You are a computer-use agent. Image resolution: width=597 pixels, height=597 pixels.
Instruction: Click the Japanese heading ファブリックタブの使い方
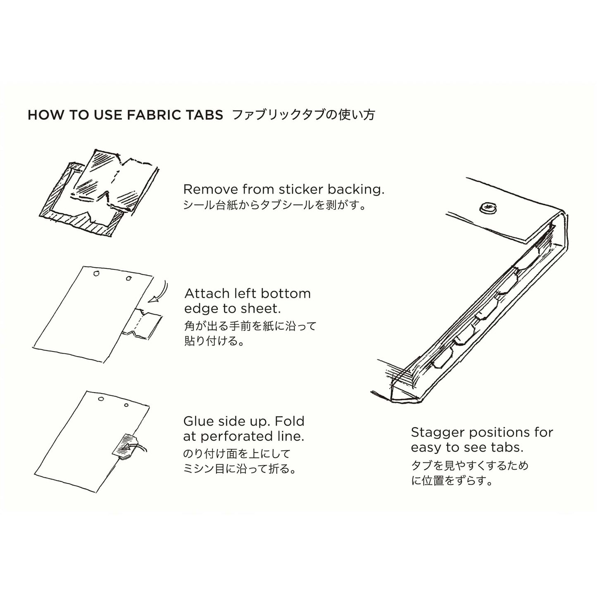[x=303, y=114]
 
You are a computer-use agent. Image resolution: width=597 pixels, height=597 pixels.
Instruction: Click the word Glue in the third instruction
[x=197, y=421]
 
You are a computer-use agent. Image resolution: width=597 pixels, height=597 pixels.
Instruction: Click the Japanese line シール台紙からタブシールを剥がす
[x=275, y=205]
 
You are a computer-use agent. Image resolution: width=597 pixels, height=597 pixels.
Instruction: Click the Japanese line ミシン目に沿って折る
[x=240, y=470]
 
